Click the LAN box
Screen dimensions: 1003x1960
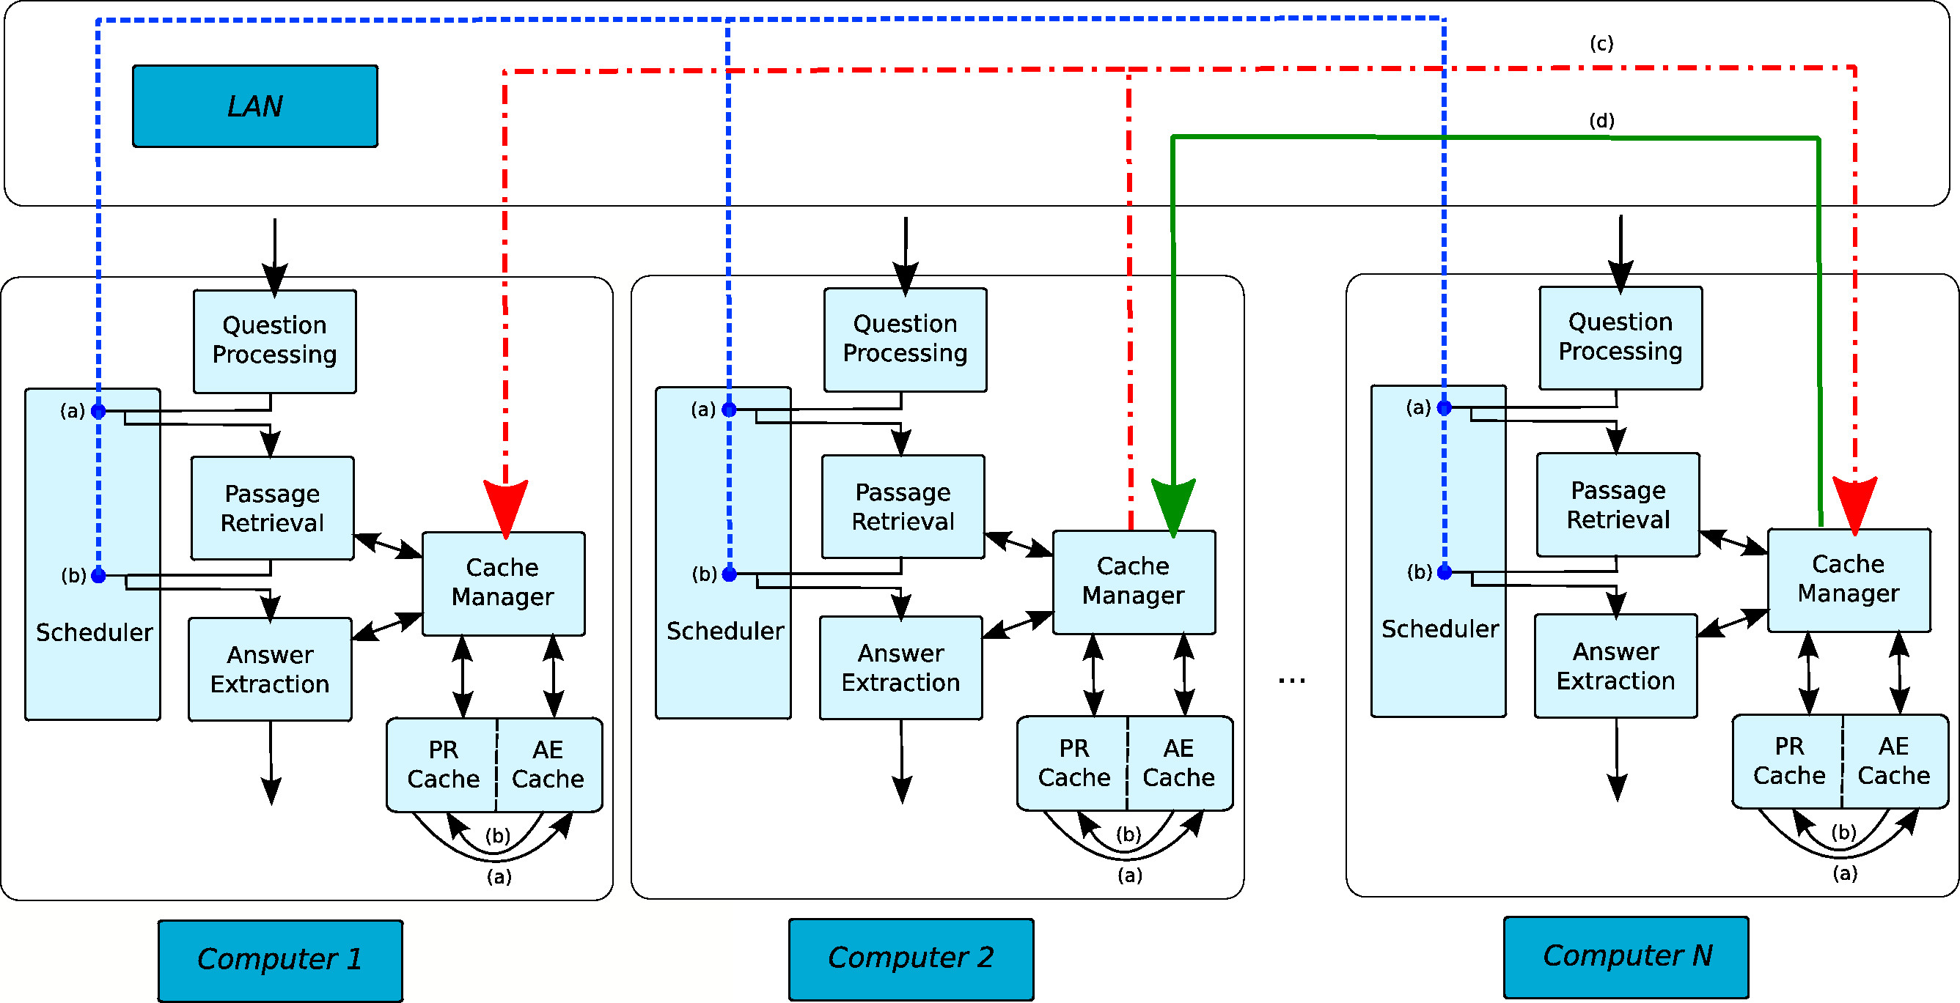coord(255,106)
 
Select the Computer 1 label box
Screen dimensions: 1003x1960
coord(280,960)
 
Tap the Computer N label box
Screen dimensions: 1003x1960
coord(1626,957)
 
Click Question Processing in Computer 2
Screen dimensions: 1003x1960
coord(905,339)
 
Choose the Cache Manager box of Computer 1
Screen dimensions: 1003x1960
coord(503,583)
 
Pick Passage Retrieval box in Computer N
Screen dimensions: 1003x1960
coord(1618,505)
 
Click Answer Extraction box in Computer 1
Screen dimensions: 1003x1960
coord(270,669)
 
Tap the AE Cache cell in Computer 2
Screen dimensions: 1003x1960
coord(1178,763)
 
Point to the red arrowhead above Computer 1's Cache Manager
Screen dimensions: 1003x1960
coord(506,507)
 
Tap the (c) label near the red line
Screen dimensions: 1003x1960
coord(1601,44)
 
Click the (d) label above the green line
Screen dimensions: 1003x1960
coord(1601,121)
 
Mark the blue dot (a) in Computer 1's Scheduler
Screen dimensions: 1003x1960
coord(98,412)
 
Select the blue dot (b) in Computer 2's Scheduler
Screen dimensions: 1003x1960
coord(729,574)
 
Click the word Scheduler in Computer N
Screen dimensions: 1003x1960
coord(1439,629)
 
